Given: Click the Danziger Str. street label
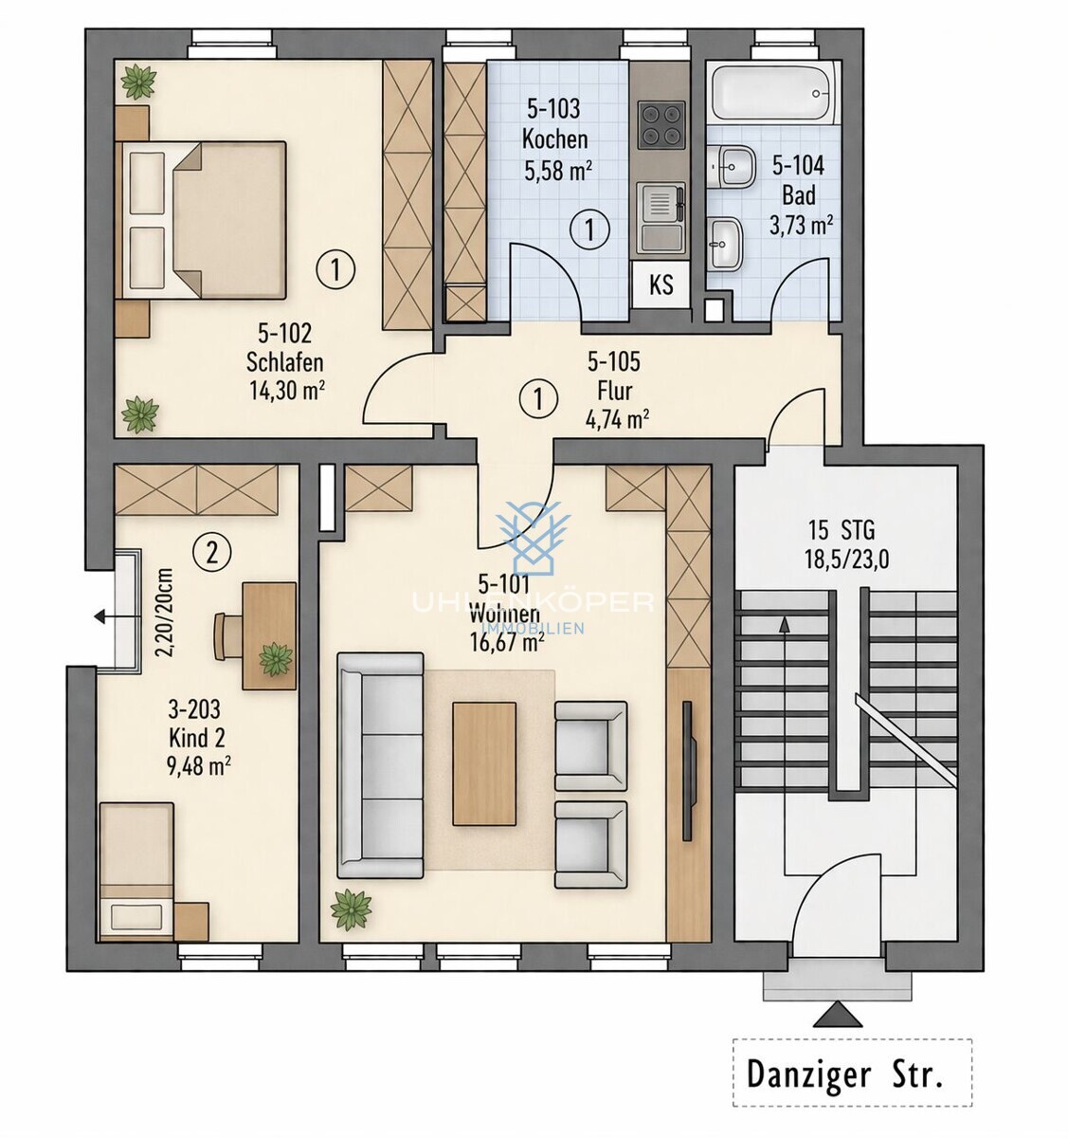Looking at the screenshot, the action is tap(844, 1075).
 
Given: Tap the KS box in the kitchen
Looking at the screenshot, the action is tap(661, 284).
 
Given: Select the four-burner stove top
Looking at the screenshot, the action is tap(662, 125).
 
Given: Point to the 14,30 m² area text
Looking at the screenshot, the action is tap(287, 391).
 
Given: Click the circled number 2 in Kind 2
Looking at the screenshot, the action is tap(212, 553).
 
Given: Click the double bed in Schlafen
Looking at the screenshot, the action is tap(201, 220).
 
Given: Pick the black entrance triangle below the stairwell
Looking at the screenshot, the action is tap(838, 1014).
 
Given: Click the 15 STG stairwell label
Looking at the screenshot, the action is tap(842, 531).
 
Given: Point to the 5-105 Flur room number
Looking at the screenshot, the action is tap(614, 361).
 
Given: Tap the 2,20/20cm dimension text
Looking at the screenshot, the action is tap(163, 612).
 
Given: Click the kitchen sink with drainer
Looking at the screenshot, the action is tap(662, 218).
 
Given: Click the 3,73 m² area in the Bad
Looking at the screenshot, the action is tap(801, 226).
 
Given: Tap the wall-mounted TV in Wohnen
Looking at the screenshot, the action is tap(689, 771).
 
